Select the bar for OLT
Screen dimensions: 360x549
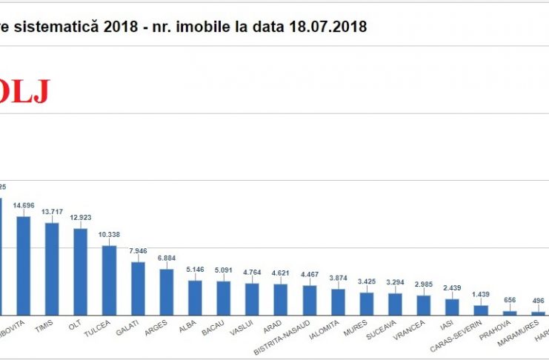coord(81,272)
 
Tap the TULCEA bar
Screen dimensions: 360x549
coord(109,280)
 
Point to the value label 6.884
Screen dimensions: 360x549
coord(167,258)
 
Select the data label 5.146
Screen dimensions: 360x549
coord(195,269)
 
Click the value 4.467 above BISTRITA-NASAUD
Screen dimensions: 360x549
coord(309,274)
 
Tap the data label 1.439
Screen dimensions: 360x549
coord(481,294)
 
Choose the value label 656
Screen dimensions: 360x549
coord(509,300)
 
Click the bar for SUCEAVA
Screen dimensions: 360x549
coord(395,304)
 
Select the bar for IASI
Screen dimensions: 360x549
coord(452,307)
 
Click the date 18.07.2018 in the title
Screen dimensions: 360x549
coord(333,27)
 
